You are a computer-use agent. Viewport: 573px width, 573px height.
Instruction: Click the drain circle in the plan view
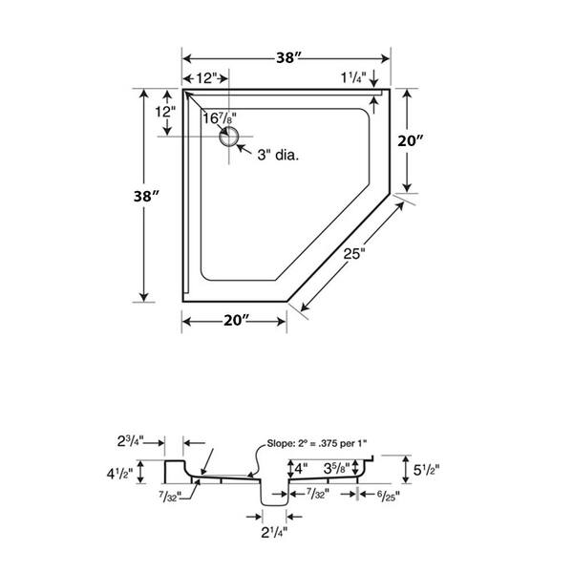point(229,138)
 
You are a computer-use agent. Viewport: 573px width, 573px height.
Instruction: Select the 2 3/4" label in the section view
point(131,441)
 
